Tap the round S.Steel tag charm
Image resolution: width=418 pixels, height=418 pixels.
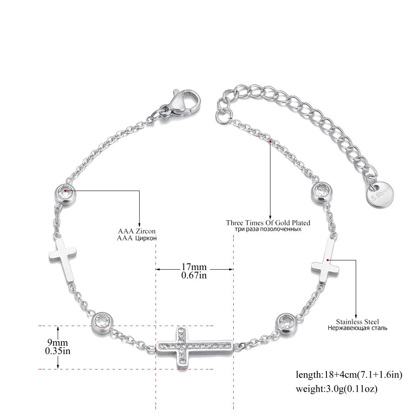click(x=380, y=195)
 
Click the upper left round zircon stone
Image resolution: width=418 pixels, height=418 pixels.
click(x=65, y=194)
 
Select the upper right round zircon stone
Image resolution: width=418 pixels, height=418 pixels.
click(x=321, y=191)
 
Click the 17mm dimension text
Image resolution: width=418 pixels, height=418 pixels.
click(x=194, y=267)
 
